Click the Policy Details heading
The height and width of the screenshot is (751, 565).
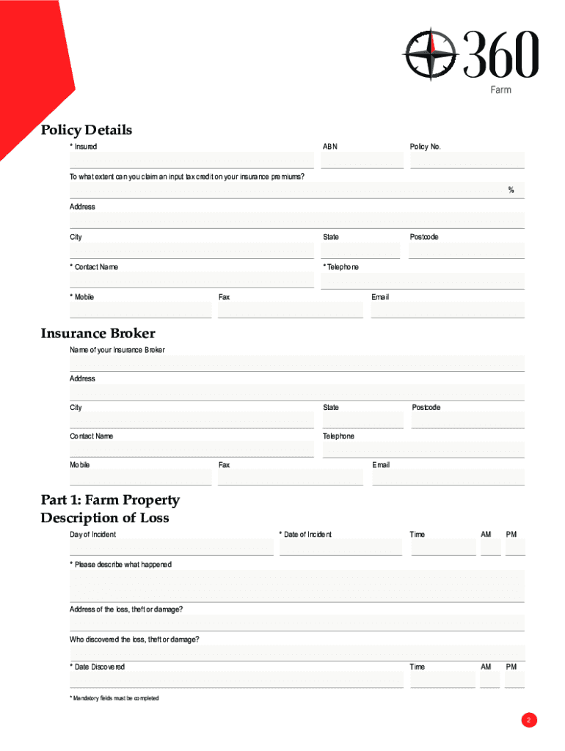tap(87, 130)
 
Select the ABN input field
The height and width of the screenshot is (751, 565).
tap(362, 160)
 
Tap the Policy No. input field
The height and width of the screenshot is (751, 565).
tap(467, 160)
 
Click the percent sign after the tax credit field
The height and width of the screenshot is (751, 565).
tap(511, 191)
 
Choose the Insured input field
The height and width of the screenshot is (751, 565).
tap(192, 160)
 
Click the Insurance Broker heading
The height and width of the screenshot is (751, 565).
tap(98, 334)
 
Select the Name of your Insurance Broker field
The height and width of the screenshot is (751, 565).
tap(297, 363)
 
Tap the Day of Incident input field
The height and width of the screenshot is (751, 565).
tap(171, 547)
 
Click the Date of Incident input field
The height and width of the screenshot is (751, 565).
tap(340, 547)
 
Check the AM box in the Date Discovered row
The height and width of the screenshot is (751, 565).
tap(490, 680)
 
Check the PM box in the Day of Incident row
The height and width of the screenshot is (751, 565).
tap(515, 547)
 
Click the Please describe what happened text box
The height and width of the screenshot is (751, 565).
tap(297, 586)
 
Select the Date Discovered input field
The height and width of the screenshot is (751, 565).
tap(236, 680)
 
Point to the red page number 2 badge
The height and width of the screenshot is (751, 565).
tap(529, 720)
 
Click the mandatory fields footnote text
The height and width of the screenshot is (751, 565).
tap(114, 698)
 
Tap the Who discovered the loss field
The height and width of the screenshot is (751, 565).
tap(297, 653)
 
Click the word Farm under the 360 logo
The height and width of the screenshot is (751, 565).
tap(500, 89)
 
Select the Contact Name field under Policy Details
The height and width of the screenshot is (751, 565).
tap(192, 280)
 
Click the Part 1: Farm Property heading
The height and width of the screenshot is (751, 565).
tap(110, 500)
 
